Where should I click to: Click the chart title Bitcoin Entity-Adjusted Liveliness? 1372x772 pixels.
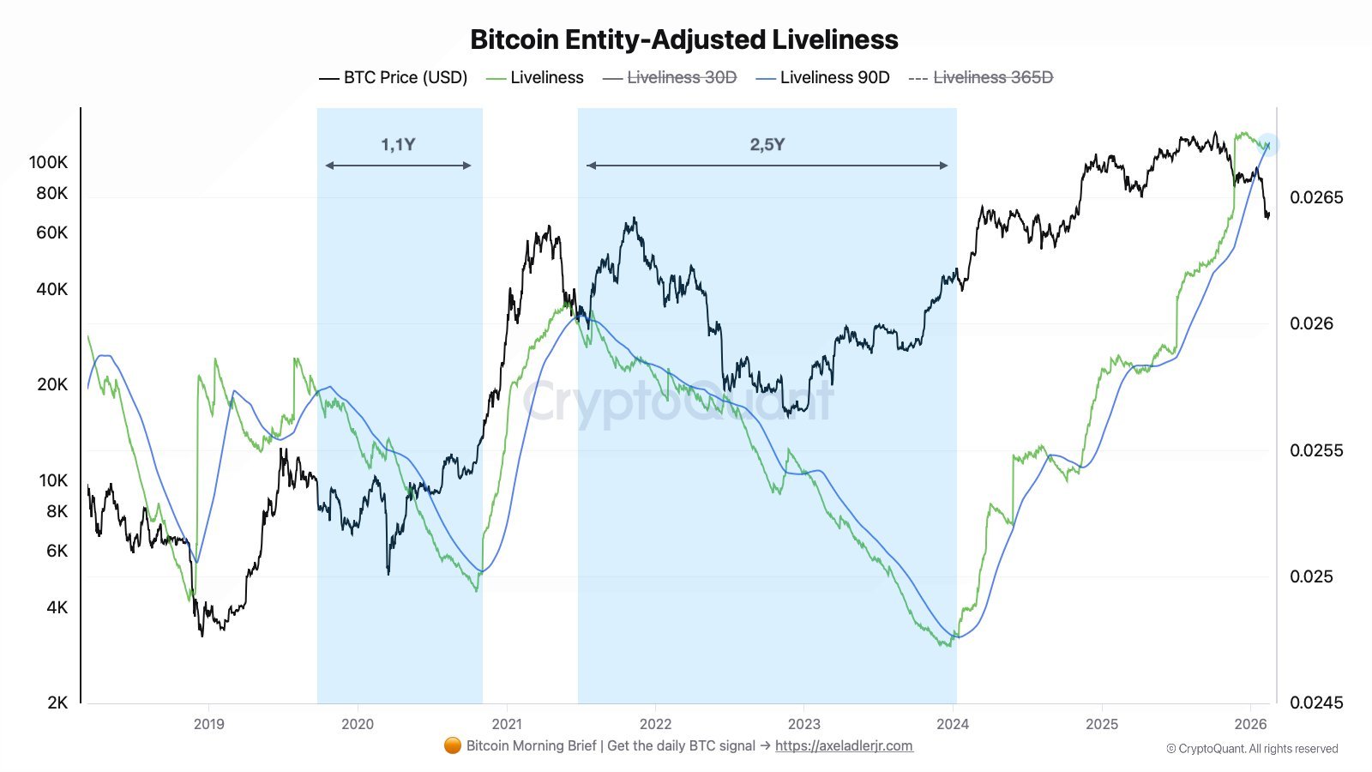(684, 39)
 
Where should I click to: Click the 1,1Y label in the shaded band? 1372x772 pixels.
(398, 144)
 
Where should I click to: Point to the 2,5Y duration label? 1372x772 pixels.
(767, 144)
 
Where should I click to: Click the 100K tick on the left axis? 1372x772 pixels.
(48, 162)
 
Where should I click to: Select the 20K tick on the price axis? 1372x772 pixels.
(52, 384)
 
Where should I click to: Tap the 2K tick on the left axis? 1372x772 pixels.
(57, 703)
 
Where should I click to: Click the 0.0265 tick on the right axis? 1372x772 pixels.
(1316, 197)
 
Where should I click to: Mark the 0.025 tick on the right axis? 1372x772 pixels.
(1311, 576)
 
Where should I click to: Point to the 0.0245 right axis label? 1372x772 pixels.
(1316, 703)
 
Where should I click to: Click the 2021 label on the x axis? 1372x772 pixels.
(507, 724)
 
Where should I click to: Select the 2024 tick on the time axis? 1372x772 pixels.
(953, 724)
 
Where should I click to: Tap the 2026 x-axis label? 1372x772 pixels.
(1250, 724)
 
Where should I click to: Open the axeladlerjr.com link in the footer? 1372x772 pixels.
(844, 746)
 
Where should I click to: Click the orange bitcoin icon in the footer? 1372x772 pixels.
(453, 746)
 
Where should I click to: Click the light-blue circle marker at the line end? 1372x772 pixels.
(1268, 145)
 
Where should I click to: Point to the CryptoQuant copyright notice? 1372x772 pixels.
(1252, 749)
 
